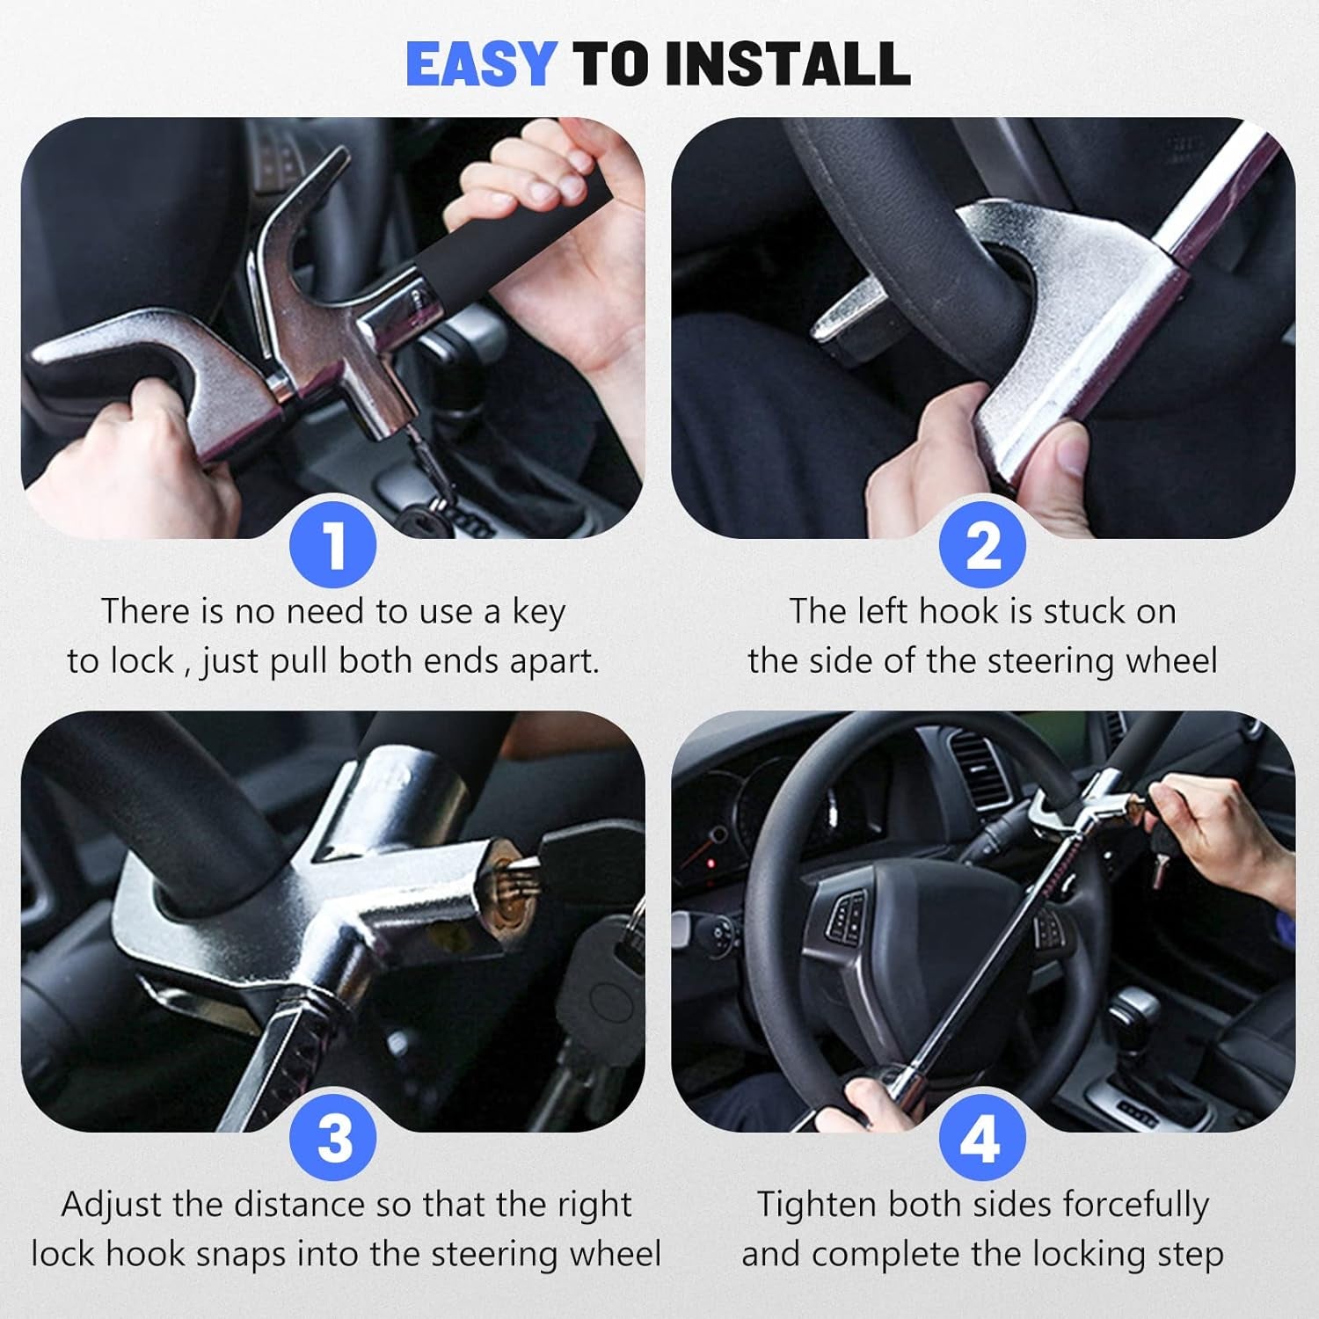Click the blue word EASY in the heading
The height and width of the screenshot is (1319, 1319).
coord(480,64)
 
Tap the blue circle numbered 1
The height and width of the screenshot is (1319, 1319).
coord(333,545)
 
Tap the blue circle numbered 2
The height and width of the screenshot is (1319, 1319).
coord(982,545)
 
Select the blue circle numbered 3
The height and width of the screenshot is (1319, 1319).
coord(333,1139)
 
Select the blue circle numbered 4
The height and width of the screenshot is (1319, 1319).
coord(982,1139)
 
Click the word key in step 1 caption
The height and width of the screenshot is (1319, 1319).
coord(537,613)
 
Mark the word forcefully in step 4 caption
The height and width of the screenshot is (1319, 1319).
coord(1135,1205)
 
